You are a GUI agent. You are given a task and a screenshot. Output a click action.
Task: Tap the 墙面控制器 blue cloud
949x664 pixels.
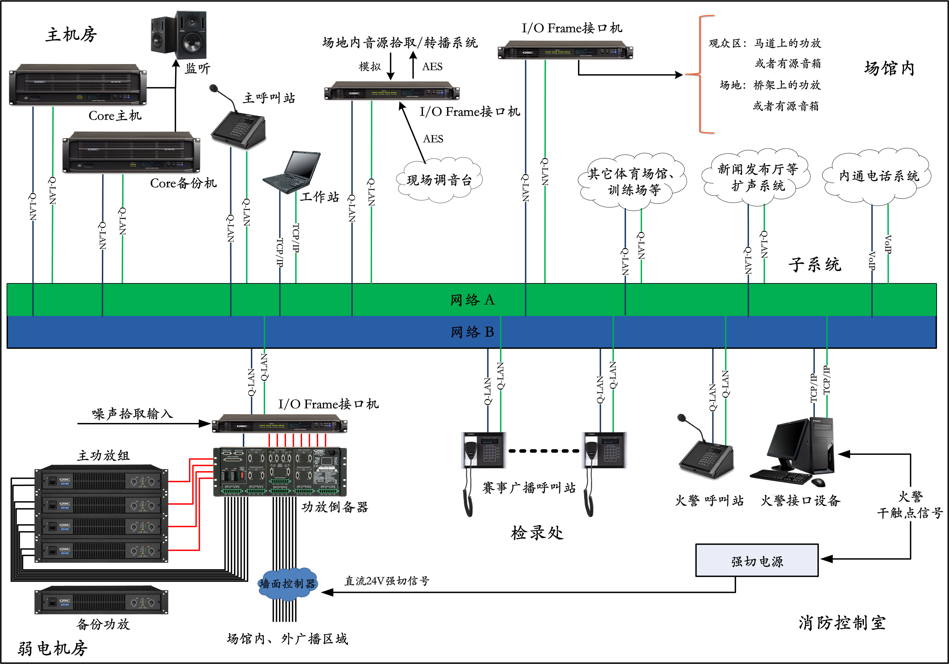point(288,583)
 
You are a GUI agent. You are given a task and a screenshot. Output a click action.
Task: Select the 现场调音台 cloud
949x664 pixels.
point(439,180)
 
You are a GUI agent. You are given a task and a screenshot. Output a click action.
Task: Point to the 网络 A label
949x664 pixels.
point(472,300)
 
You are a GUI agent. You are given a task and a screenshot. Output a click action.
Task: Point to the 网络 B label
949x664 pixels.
point(472,332)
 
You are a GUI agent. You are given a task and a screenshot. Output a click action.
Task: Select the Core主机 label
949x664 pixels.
point(115,116)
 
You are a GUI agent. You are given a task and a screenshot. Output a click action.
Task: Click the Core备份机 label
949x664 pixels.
point(183,183)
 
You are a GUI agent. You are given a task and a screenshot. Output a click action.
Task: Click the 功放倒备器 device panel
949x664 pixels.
point(280,472)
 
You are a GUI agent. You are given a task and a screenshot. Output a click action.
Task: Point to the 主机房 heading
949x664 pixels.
point(71,35)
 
